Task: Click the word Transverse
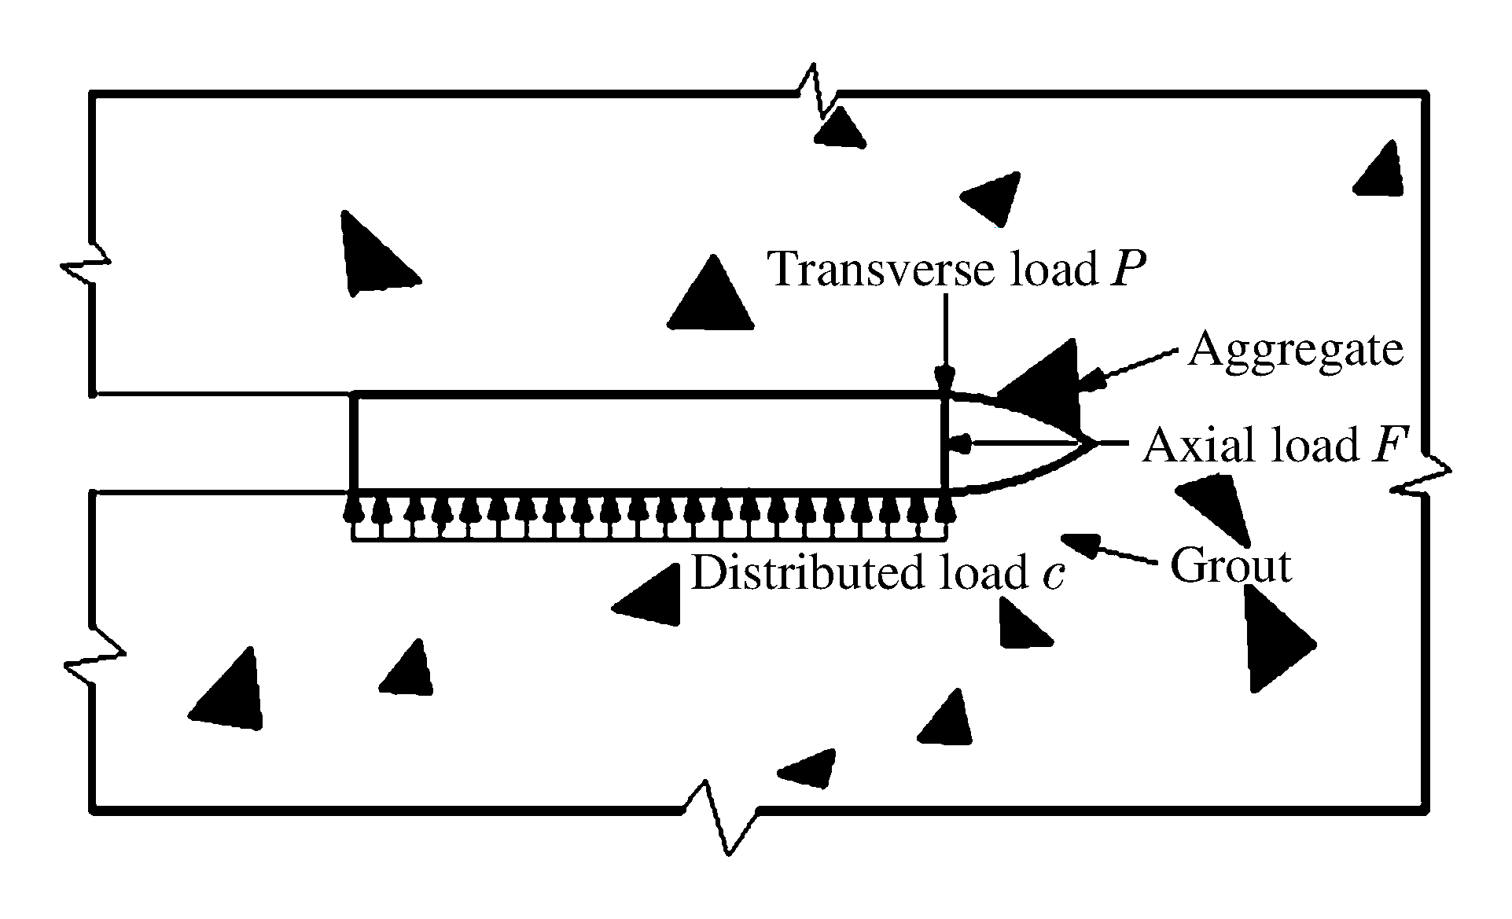[x=881, y=269]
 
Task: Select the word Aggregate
[x=1295, y=348]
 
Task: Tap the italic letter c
[x=1053, y=575]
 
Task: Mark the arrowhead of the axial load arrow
[x=957, y=444]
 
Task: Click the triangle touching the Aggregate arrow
[x=1042, y=381]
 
